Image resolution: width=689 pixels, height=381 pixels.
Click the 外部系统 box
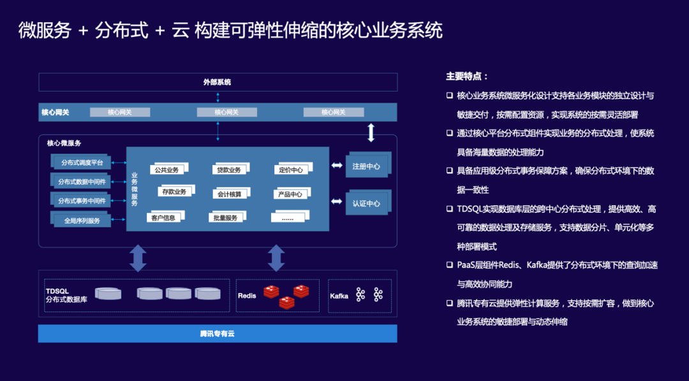(218, 82)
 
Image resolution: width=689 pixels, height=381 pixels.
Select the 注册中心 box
(366, 166)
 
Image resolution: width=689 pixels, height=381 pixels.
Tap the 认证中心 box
(366, 203)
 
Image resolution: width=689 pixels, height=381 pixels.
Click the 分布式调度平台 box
(82, 162)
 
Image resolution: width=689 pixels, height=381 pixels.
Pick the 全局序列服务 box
(82, 220)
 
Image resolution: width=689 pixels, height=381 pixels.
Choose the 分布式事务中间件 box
(82, 201)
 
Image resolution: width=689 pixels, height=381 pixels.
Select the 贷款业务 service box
(228, 169)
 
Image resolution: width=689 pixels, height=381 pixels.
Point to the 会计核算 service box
(228, 194)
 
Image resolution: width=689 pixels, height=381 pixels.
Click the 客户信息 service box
(163, 218)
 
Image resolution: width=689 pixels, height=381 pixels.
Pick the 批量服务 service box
(226, 218)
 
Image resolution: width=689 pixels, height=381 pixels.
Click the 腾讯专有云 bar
(218, 333)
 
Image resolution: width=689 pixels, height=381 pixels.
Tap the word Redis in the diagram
(247, 296)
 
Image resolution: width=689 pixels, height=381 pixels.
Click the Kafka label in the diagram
(339, 296)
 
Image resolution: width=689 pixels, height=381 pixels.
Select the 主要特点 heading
(467, 76)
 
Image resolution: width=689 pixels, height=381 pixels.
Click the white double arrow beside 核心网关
(371, 133)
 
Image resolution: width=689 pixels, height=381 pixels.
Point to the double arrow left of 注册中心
(336, 166)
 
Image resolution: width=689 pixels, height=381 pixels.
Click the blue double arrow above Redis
(276, 258)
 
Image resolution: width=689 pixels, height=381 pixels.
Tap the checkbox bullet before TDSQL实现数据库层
(449, 209)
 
